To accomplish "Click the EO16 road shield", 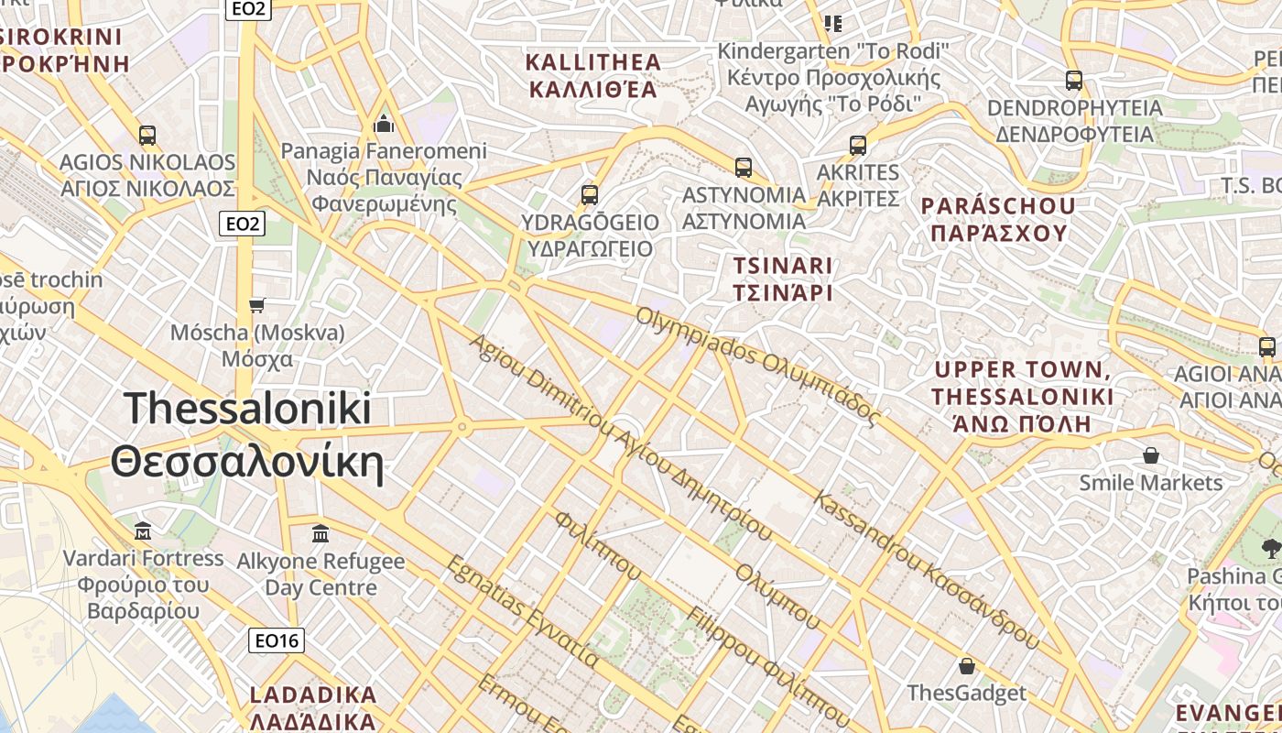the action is [x=276, y=640].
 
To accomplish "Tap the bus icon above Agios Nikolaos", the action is [x=147, y=136].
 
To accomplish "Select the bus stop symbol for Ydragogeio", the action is [x=589, y=195].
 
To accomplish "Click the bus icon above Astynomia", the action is [x=743, y=168].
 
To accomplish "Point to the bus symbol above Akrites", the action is [x=857, y=145].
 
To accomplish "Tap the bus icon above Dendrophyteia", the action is [x=1073, y=81].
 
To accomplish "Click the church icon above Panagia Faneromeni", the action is [x=384, y=123].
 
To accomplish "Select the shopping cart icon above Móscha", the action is [x=256, y=305].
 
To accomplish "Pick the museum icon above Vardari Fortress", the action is [x=143, y=531].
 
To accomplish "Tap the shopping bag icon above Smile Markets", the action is [x=1150, y=455].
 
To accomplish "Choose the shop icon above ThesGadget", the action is [x=966, y=665].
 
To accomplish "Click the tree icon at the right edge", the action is [x=1270, y=549].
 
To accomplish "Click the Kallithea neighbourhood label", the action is [x=592, y=75].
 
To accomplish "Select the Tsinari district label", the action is [x=783, y=279].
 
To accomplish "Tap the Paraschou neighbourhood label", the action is [x=999, y=218].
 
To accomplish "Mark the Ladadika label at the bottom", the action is [x=313, y=706].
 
